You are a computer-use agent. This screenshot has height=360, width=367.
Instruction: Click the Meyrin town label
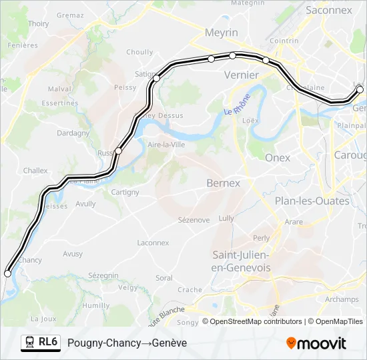click(222, 33)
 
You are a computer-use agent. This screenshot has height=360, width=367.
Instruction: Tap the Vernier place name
click(242, 75)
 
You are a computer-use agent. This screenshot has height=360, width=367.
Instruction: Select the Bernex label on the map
click(223, 183)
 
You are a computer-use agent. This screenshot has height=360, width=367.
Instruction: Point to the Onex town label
click(278, 157)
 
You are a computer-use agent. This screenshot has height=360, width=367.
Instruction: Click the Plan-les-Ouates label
click(312, 201)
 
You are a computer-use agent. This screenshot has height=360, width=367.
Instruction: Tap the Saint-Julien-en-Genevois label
click(241, 261)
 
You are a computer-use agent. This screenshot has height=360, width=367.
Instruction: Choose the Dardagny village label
click(73, 133)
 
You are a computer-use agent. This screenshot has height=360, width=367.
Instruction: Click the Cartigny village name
click(125, 192)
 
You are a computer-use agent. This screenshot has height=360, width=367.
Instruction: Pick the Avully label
click(85, 204)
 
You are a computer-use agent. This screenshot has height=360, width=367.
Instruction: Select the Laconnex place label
click(153, 243)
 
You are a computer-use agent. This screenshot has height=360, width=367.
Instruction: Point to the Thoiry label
click(39, 23)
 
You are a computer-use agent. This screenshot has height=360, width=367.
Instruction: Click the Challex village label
click(35, 171)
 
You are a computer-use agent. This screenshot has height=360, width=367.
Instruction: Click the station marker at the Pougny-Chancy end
click(8, 273)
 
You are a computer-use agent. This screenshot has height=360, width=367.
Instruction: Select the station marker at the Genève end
click(360, 89)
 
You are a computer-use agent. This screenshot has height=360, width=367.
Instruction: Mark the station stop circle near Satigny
click(157, 79)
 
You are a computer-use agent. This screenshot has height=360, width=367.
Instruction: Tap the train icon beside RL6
click(30, 342)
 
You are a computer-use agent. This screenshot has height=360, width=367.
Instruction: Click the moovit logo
click(316, 343)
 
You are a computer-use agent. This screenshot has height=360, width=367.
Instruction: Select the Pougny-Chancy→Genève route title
click(127, 343)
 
